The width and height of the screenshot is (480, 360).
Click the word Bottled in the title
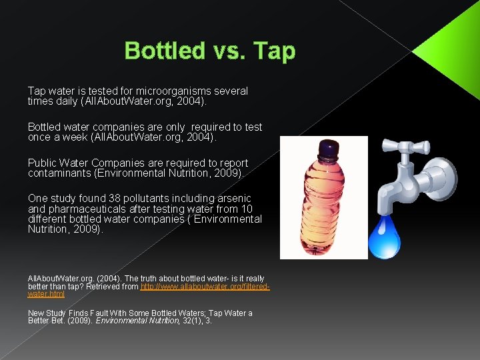165,51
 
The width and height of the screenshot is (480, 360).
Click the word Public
43,163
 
